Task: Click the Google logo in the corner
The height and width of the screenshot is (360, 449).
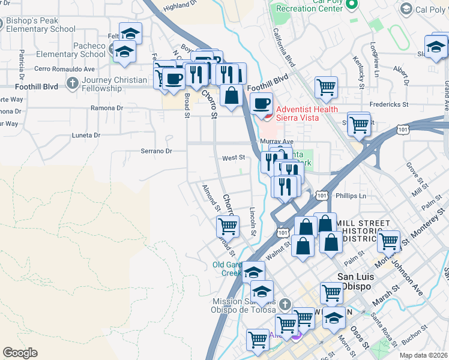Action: [x=20, y=352]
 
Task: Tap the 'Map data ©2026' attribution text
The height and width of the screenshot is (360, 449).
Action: [x=424, y=355]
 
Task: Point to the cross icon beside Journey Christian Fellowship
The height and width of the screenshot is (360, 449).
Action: [x=73, y=82]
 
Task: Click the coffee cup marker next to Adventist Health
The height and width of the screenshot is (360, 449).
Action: [x=261, y=103]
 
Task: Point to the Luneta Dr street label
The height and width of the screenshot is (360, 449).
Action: [x=86, y=135]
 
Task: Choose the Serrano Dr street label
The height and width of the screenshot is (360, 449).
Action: [x=156, y=151]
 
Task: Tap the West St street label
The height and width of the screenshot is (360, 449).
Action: [x=234, y=158]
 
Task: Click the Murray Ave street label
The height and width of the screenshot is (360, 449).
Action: [x=276, y=141]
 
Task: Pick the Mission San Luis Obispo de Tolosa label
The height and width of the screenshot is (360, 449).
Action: [x=243, y=305]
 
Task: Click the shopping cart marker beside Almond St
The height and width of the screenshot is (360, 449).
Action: [x=228, y=226]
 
